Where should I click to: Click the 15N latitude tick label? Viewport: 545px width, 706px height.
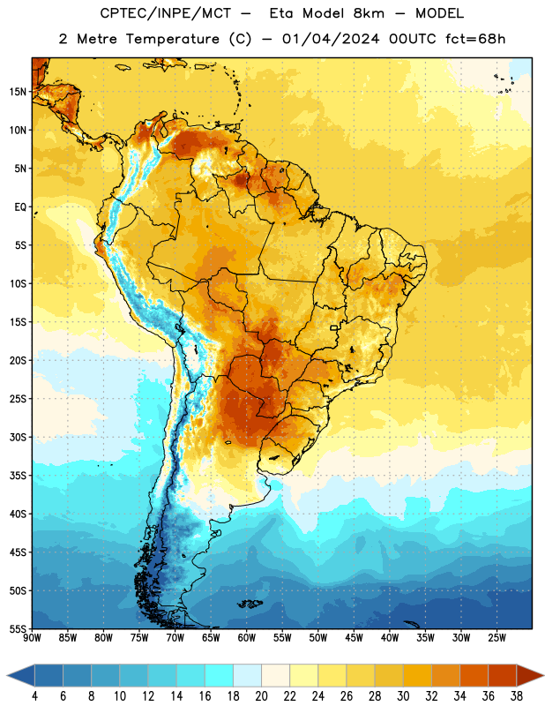tap(18, 92)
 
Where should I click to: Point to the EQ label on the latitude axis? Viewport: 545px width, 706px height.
tap(20, 207)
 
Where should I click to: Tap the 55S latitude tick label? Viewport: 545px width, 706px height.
tap(18, 628)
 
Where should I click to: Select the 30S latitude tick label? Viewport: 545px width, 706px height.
tap(18, 437)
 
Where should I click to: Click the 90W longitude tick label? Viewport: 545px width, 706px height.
tap(32, 638)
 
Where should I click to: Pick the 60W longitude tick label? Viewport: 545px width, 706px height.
tap(247, 638)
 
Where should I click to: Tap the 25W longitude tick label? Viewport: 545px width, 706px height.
tap(496, 638)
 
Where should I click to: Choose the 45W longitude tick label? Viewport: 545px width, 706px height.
tap(354, 638)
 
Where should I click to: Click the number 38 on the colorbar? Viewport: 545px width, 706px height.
tap(517, 696)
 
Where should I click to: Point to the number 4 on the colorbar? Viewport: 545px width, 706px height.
tap(34, 696)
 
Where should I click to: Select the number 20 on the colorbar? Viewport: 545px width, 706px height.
tap(261, 696)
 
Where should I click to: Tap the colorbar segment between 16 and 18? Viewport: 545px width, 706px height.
tap(220, 676)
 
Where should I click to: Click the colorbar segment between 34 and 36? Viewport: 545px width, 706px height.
tap(474, 676)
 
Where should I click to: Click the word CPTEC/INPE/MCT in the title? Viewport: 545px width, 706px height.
tap(165, 13)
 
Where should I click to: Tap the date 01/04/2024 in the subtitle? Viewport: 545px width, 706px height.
tap(331, 39)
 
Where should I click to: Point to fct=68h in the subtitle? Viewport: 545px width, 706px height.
tap(475, 39)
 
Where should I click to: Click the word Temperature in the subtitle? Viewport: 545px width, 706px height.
tap(172, 39)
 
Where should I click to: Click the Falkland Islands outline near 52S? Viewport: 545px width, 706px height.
tap(250, 604)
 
